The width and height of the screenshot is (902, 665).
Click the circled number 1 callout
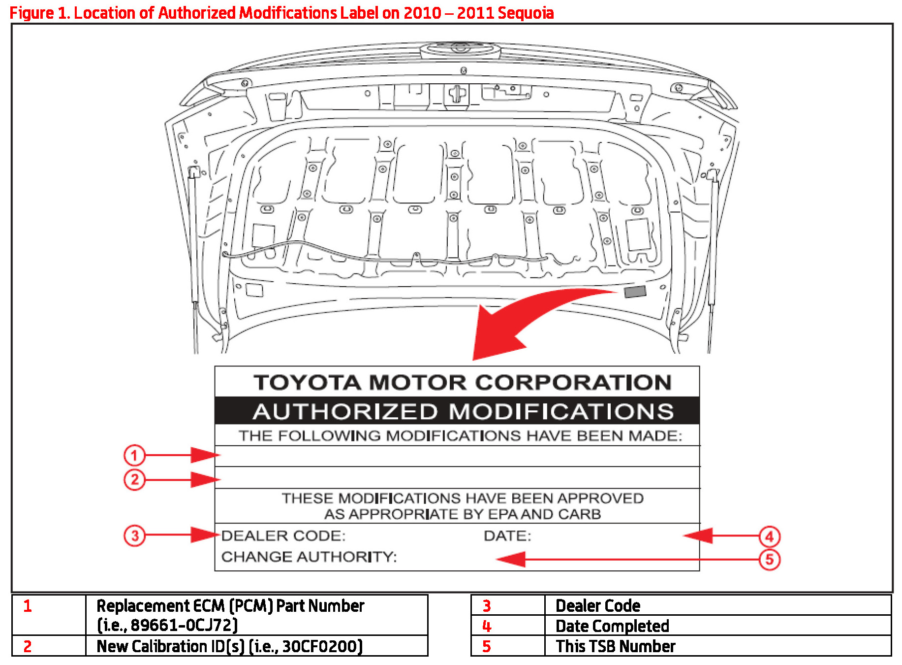(x=134, y=455)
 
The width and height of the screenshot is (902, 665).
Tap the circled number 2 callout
(x=134, y=479)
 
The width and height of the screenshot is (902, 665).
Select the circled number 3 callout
(x=134, y=535)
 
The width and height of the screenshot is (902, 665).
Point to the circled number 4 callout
(x=770, y=536)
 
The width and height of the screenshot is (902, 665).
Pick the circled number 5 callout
(x=770, y=560)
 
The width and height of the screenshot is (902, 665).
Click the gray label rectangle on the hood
(x=635, y=292)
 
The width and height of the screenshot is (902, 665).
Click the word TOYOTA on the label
(x=307, y=383)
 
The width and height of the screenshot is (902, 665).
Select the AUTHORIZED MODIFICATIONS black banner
(x=457, y=411)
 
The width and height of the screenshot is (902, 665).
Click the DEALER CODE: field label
(x=283, y=535)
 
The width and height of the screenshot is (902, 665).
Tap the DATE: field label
(x=507, y=535)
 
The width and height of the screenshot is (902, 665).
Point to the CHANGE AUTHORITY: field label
(x=309, y=557)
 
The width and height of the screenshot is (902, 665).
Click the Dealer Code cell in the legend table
(x=598, y=605)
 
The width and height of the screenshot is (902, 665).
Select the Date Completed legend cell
(x=612, y=626)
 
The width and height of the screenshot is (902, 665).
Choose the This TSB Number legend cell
(x=615, y=646)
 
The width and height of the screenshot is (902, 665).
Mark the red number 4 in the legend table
(x=487, y=626)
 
